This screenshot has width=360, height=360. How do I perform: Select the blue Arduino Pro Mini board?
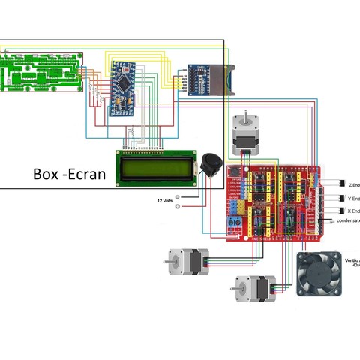121,87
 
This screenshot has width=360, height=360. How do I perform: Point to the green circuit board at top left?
40,72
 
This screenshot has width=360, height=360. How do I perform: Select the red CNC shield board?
273,201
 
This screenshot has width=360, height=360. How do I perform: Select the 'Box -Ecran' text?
67,174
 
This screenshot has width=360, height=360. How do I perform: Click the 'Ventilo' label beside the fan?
351,259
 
